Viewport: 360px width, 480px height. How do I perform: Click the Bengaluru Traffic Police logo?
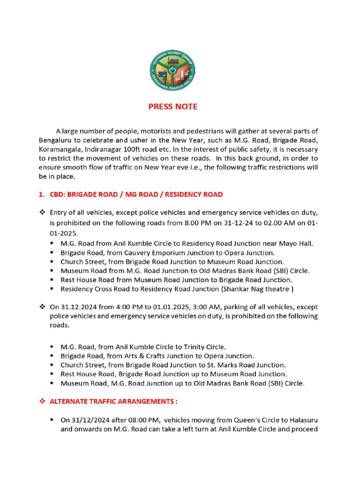coord(172,70)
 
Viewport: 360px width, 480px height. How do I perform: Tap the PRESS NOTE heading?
coord(173,107)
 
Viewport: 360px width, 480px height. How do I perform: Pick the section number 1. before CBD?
coord(42,194)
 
